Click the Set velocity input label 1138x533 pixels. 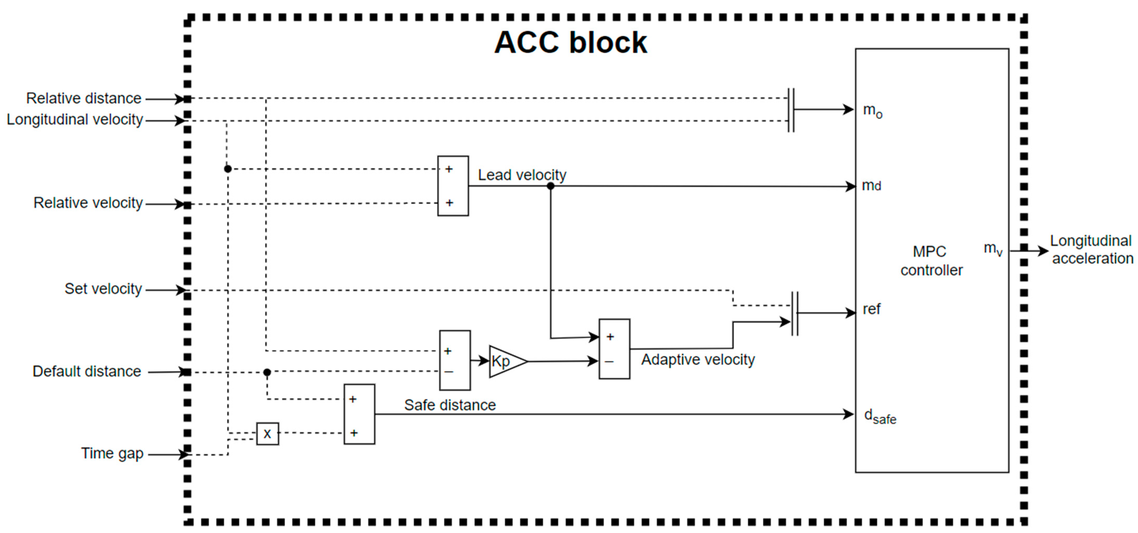pos(103,288)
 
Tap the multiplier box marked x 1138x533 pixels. pos(267,434)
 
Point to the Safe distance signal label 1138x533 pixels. pos(450,405)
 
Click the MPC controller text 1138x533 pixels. pos(931,260)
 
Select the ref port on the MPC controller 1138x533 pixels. pos(871,309)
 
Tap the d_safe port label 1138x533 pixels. pos(879,416)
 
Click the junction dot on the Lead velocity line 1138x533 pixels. pos(551,186)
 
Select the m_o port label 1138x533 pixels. pos(872,111)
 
